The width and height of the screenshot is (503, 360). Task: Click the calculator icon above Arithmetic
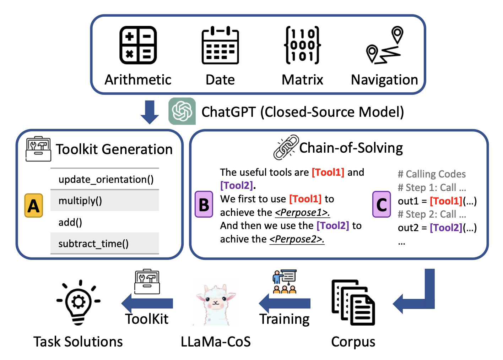pos(138,45)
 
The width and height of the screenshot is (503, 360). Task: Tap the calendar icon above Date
pos(220,45)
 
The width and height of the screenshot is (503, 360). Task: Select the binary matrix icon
pos(303,45)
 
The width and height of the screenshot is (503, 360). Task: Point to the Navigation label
pos(384,80)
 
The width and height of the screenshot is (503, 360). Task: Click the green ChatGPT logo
pos(182,111)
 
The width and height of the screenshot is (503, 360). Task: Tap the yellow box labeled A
pos(34,206)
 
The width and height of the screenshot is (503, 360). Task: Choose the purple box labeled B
pos(204,204)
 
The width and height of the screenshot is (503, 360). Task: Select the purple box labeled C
pos(382,204)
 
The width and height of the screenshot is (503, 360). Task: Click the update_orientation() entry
pos(106,179)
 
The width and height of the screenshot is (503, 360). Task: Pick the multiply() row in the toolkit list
pos(104,201)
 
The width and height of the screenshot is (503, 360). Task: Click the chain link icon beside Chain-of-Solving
pos(286,147)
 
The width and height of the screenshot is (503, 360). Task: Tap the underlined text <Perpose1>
pos(302,213)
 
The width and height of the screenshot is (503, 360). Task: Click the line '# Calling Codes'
pos(431,174)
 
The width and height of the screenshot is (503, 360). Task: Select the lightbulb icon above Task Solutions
pos(79,302)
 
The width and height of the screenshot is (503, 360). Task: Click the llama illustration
pos(215,304)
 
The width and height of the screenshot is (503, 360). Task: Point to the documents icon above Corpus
pos(353,302)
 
